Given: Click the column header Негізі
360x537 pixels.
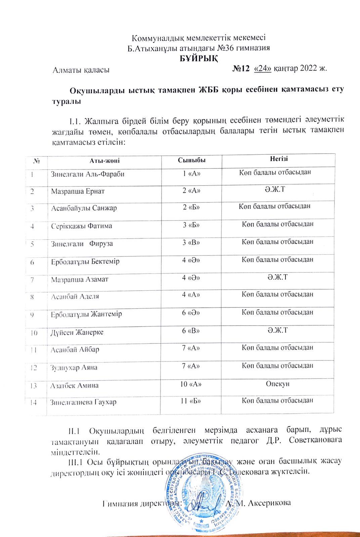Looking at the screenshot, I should (279, 159).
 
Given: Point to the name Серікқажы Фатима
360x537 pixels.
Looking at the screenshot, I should (82, 226).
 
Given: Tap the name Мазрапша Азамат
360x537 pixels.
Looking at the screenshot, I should (80, 279).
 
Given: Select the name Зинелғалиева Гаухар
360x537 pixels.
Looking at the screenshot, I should (83, 402).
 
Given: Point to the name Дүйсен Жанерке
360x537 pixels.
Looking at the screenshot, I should (77, 332).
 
